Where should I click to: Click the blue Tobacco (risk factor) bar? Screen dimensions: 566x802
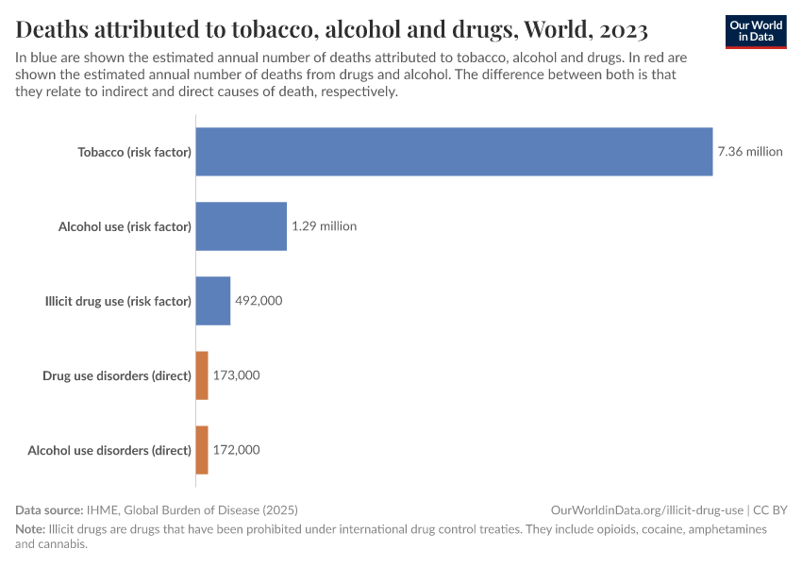(454, 151)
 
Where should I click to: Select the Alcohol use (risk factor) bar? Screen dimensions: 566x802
(241, 226)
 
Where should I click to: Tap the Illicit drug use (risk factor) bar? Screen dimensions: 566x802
(212, 301)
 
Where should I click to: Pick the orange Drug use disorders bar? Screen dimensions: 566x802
(202, 375)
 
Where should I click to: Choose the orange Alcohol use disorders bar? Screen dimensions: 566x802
(202, 450)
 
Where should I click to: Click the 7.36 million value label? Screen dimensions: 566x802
(750, 151)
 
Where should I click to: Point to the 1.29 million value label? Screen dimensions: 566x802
(324, 226)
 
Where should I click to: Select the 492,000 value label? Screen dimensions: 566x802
(259, 301)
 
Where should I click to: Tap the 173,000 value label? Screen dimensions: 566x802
(236, 375)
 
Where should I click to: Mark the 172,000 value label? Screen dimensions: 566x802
(236, 450)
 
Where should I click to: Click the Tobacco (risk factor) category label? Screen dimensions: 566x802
(134, 152)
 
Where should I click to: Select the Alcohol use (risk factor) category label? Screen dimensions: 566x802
(125, 226)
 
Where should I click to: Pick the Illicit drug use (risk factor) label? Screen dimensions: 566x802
(118, 301)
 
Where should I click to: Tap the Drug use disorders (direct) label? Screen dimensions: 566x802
(117, 375)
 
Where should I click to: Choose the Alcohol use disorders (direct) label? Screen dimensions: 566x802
(109, 450)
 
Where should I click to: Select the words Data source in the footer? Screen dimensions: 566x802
(49, 509)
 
